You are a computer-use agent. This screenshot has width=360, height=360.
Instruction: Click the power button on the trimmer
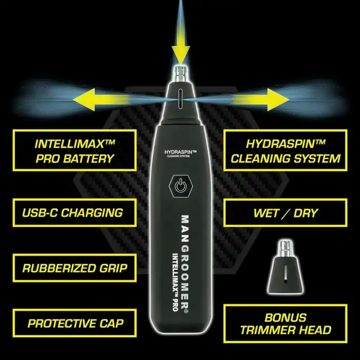[181, 186]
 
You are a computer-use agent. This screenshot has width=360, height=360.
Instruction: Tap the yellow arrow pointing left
[101, 100]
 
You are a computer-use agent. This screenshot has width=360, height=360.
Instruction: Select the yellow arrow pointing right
[261, 100]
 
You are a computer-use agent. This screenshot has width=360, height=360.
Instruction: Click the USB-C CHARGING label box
[75, 212]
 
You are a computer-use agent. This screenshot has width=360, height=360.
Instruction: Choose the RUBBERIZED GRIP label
[75, 268]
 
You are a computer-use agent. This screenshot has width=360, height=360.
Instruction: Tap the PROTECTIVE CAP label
[75, 323]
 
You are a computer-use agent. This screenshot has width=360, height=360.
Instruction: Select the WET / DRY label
[285, 212]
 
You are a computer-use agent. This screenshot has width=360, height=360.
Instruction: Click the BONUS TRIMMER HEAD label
[285, 323]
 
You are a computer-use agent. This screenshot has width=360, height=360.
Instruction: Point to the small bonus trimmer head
[285, 267]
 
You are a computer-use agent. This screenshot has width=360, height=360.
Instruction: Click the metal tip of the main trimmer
[181, 74]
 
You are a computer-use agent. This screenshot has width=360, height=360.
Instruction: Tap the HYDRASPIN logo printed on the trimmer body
[181, 153]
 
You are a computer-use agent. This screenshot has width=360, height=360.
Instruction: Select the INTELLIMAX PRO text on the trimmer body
[175, 282]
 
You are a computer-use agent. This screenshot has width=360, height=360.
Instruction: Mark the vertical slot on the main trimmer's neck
[181, 99]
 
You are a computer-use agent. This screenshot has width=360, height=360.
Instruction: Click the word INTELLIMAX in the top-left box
[75, 144]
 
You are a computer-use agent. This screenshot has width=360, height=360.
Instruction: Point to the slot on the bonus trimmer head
[285, 273]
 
